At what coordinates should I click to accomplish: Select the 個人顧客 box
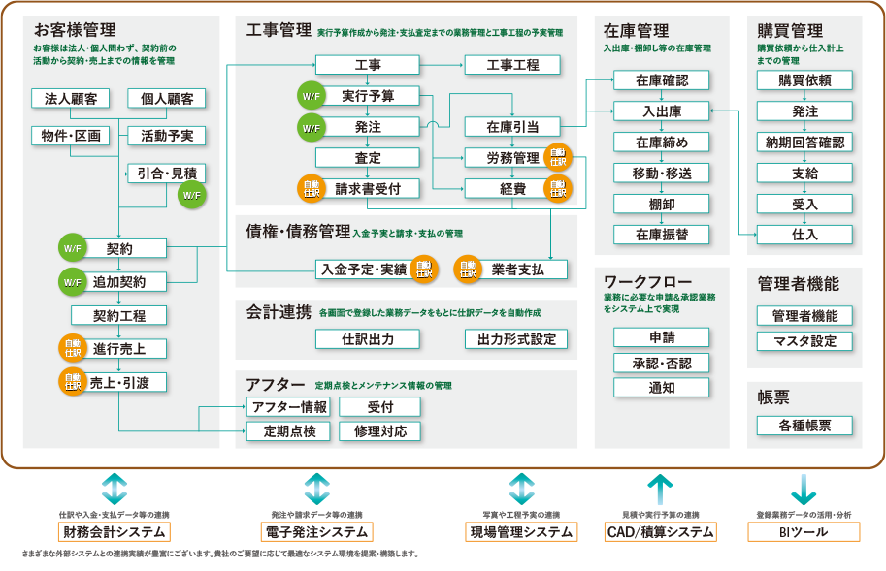(167, 99)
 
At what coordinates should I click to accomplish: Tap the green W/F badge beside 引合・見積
(190, 196)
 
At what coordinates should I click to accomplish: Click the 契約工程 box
(118, 315)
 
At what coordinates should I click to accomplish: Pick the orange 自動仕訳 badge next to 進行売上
(73, 348)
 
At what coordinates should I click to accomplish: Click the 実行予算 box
(368, 96)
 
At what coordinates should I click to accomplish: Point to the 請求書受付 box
(368, 188)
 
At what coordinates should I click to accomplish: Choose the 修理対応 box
(379, 431)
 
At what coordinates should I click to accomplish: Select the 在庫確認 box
(662, 79)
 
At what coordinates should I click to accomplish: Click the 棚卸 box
(662, 204)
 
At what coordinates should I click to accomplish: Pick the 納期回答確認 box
(804, 143)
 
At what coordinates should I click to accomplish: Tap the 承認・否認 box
(662, 363)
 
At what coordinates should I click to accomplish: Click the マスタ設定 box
(804, 341)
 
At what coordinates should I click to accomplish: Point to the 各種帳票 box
(804, 426)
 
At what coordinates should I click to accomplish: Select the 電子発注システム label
(316, 531)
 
